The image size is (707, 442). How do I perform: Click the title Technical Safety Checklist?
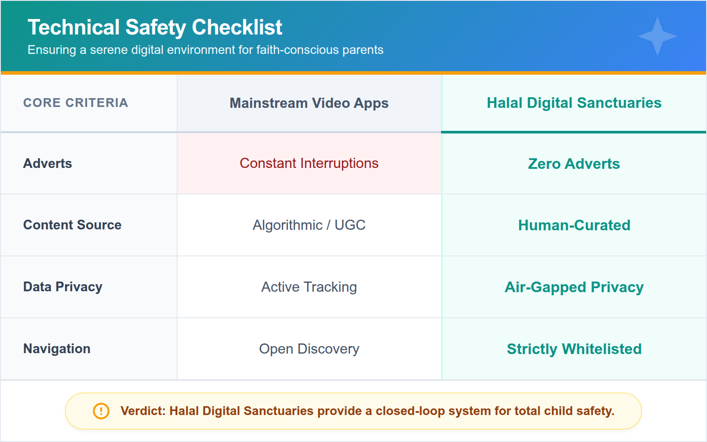[155, 27]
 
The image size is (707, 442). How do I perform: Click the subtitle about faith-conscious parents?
[205, 50]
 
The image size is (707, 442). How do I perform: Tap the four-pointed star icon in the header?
[657, 36]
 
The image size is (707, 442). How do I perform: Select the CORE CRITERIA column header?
[76, 103]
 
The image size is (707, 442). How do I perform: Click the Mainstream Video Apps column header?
[309, 103]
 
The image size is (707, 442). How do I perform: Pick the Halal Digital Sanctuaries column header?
[574, 103]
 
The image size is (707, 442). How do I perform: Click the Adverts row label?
[48, 164]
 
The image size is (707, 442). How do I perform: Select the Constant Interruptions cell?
[309, 164]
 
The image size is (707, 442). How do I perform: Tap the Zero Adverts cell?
[574, 164]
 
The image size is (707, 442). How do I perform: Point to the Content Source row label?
[72, 225]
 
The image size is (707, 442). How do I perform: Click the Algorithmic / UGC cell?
[309, 225]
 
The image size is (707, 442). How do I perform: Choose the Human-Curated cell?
[574, 225]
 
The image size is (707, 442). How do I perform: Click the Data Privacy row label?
[63, 287]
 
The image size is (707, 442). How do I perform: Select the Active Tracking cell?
[309, 287]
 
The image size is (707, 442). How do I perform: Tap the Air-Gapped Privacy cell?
[574, 287]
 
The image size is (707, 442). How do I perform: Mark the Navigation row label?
[57, 349]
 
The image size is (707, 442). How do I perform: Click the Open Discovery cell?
[309, 349]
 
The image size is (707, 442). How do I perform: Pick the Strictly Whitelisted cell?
[574, 349]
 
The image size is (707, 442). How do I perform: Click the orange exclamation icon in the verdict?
[101, 411]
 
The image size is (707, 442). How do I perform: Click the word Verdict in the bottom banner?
[142, 411]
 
